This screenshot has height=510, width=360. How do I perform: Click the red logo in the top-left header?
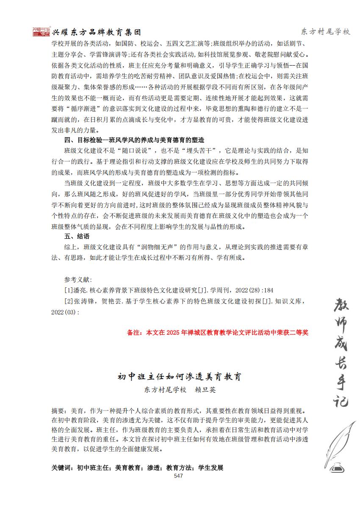tap(41, 32)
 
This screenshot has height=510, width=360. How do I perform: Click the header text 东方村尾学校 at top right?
tap(325, 32)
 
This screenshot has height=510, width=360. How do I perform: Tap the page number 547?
tap(178, 476)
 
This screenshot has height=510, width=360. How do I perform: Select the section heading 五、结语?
tap(77, 236)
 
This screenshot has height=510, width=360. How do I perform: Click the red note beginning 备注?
tap(218, 332)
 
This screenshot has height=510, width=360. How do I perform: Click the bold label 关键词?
tap(62, 468)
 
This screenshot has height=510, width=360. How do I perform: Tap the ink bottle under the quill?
tap(337, 467)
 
